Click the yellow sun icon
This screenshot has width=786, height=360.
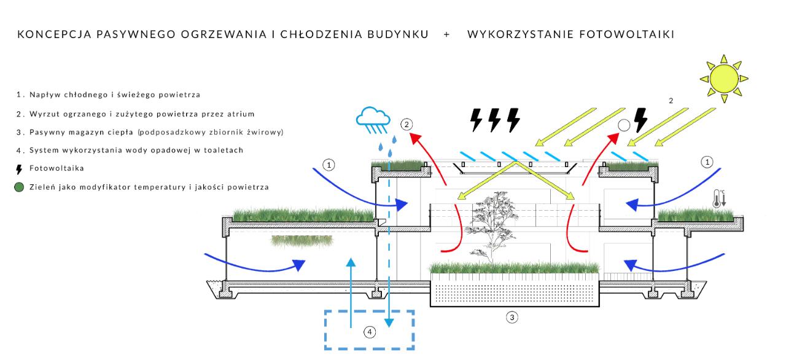point(724,79)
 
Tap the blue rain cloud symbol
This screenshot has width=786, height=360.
point(373,120)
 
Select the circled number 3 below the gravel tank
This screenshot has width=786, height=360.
point(512,318)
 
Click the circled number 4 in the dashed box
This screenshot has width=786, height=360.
point(370,332)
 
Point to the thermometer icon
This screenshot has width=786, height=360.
point(719,198)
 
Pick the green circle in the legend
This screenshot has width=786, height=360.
point(19,187)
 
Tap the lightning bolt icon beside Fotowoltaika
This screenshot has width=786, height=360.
point(19,170)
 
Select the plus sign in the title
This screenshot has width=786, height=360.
point(446,34)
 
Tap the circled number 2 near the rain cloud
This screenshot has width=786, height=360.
point(407,125)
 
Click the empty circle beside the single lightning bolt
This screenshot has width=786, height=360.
point(624,125)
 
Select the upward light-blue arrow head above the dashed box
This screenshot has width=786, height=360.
point(351,262)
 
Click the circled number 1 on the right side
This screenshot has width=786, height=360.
point(707,162)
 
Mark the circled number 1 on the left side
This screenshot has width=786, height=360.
point(329,165)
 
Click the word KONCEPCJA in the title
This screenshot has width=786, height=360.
point(55,34)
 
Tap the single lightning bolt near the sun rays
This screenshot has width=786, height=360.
point(640,120)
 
